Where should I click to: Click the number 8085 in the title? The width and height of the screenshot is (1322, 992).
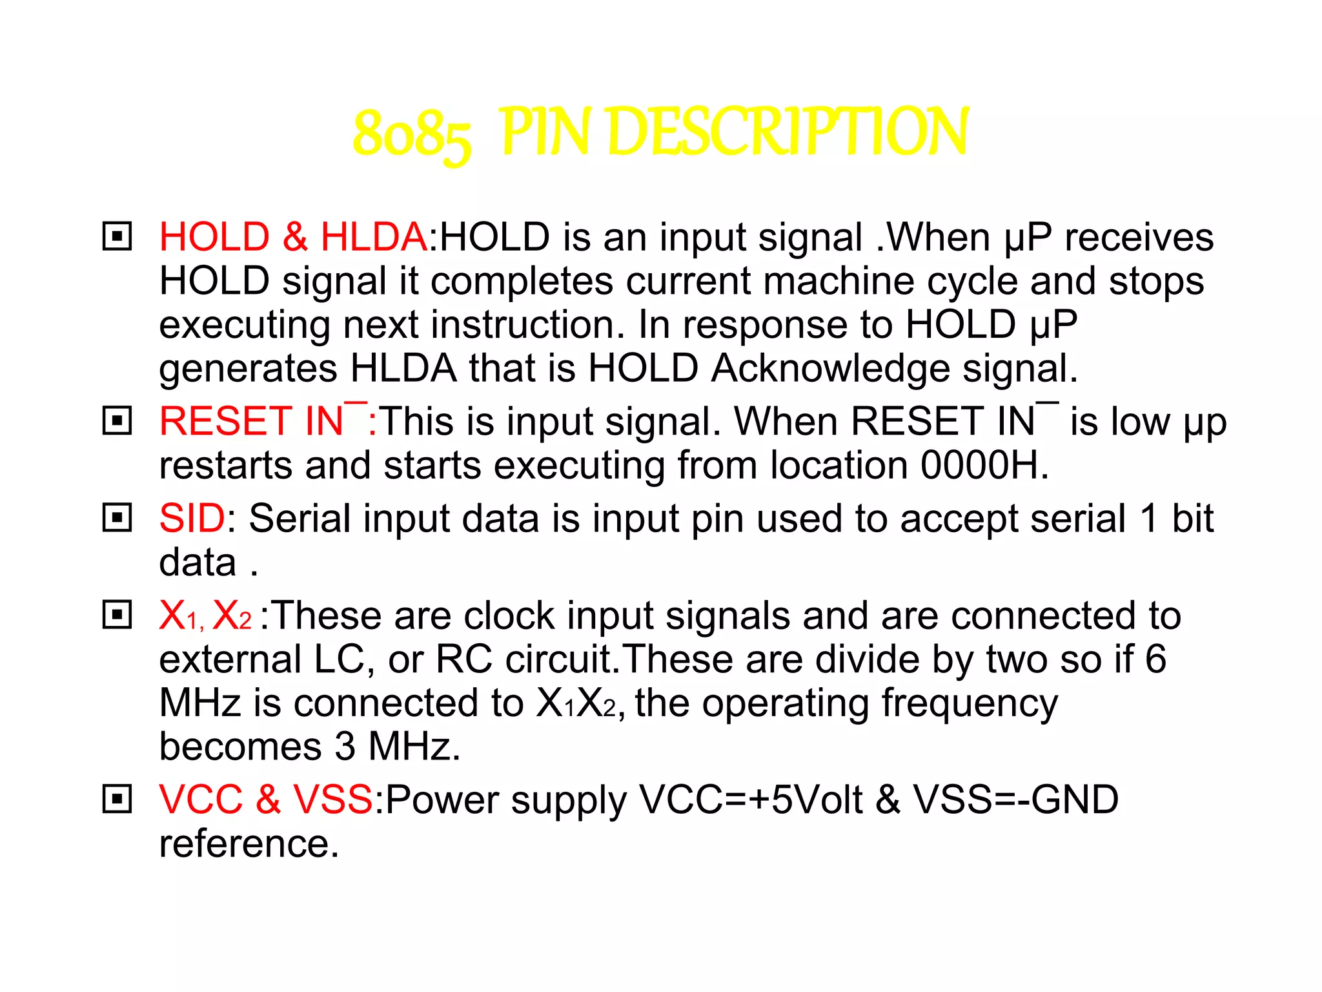412,134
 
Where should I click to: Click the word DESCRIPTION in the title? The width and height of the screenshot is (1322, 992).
788,132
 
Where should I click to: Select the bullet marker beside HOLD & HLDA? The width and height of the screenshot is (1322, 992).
117,236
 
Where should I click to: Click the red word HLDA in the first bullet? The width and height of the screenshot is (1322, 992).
373,236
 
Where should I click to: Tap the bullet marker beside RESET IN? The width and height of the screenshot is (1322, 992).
117,421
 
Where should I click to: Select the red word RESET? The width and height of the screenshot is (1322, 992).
225,421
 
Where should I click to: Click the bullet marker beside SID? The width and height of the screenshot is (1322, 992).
117,518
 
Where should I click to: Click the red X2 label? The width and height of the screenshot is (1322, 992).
231,615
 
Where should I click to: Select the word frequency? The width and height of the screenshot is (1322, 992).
970,704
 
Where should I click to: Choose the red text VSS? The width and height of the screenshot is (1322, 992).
333,800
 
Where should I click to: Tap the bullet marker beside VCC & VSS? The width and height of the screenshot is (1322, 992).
117,800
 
